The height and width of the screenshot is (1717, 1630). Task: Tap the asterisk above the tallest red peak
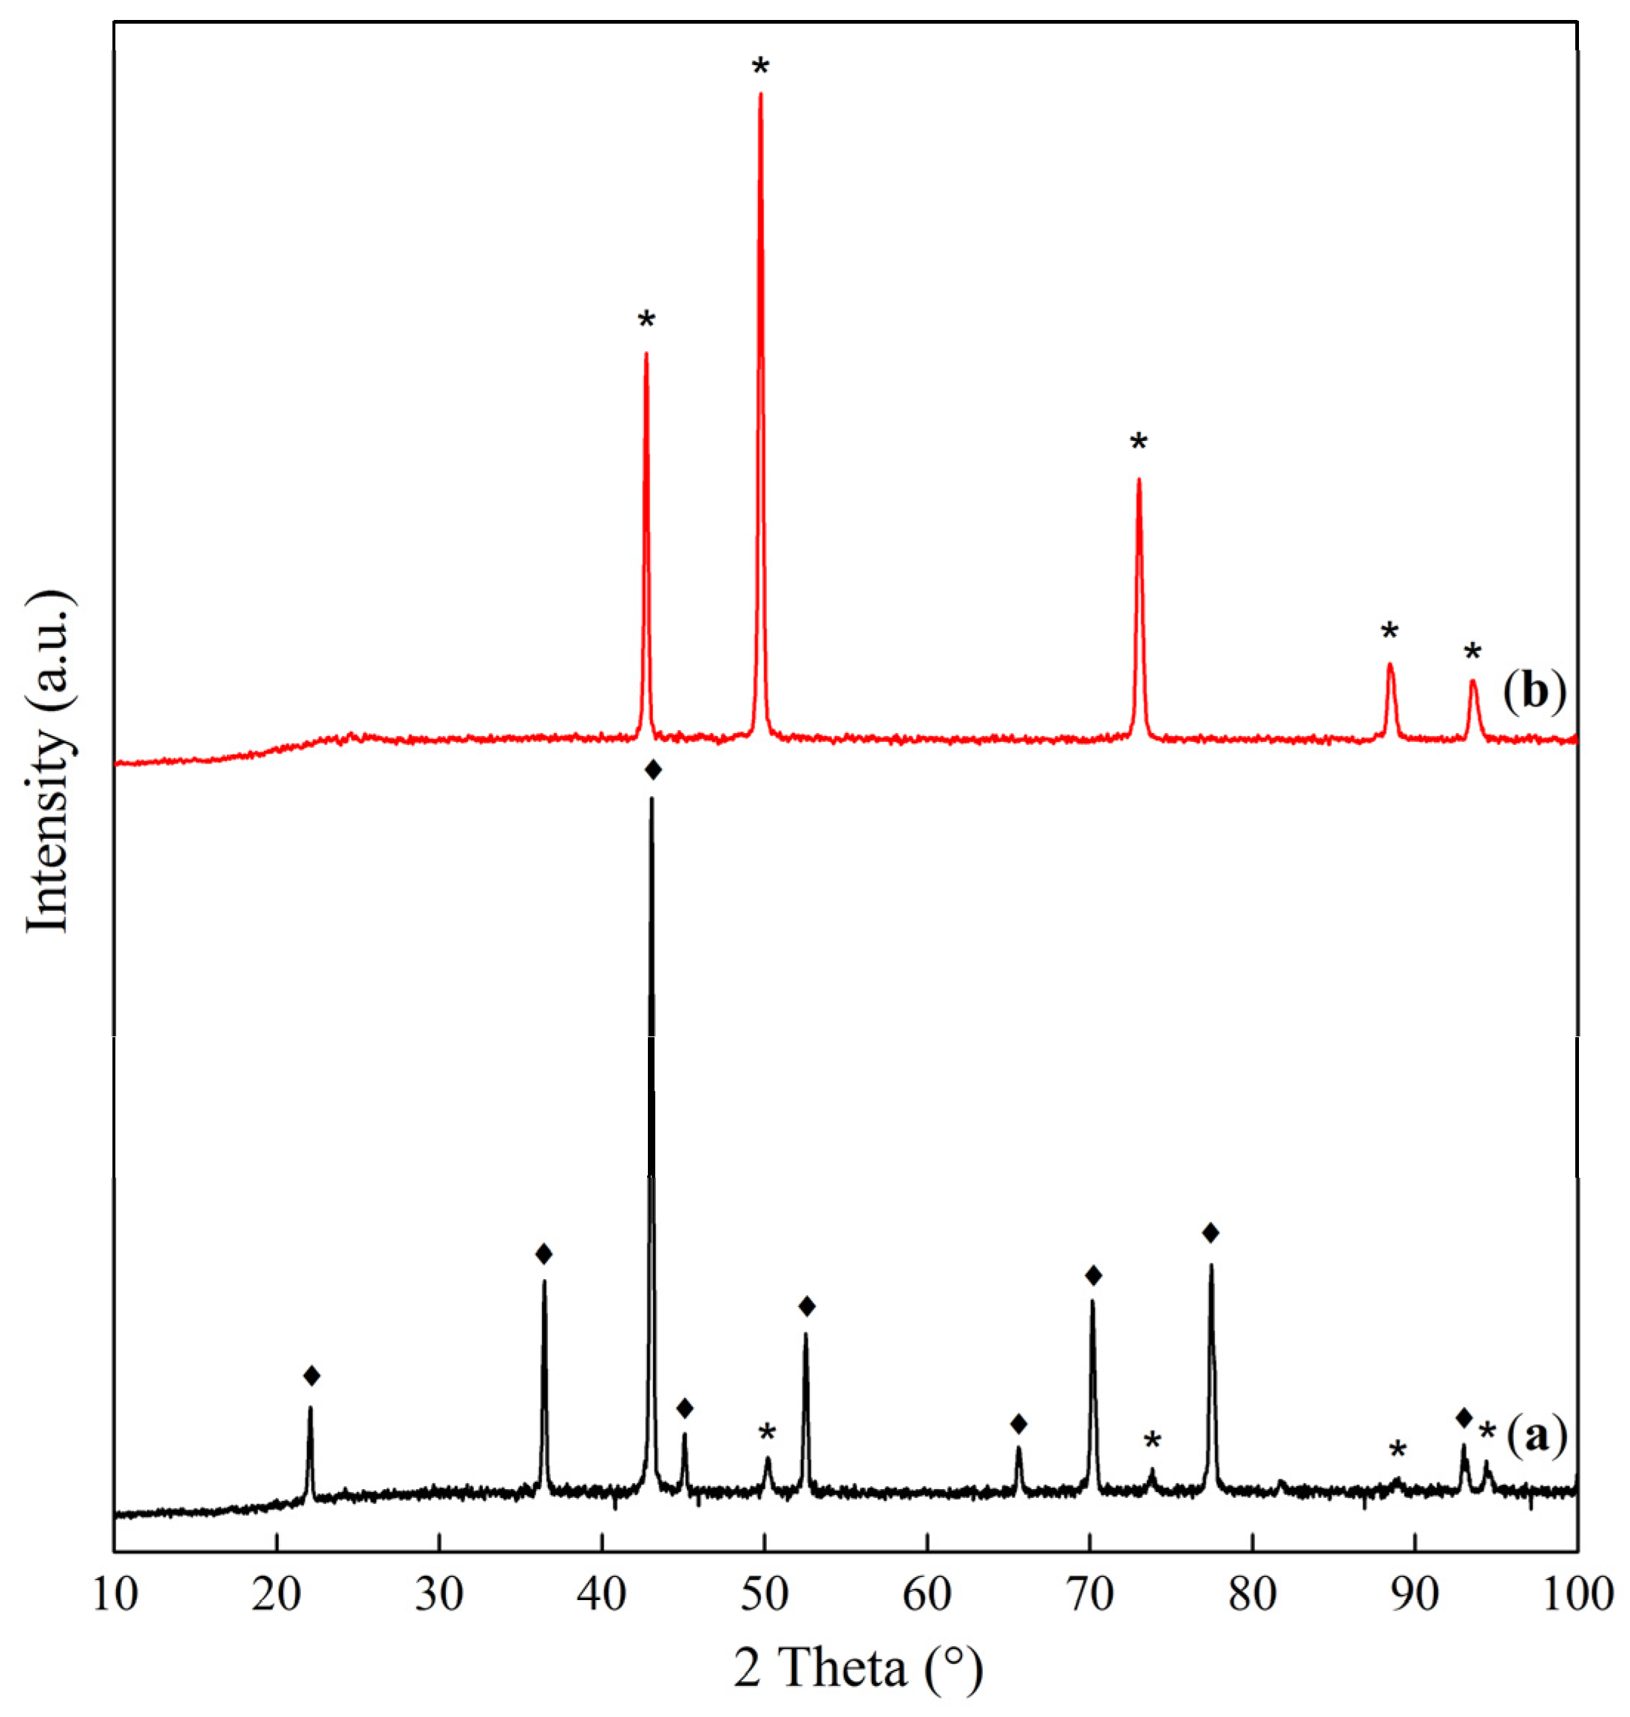point(761,66)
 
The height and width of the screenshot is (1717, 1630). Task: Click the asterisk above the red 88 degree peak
point(1390,632)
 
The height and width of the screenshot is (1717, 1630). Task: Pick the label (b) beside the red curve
point(1534,692)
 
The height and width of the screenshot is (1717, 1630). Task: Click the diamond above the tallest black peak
point(653,770)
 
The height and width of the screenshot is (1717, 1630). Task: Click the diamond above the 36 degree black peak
point(544,1254)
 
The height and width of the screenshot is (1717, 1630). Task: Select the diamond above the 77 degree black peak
point(1211,1233)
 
